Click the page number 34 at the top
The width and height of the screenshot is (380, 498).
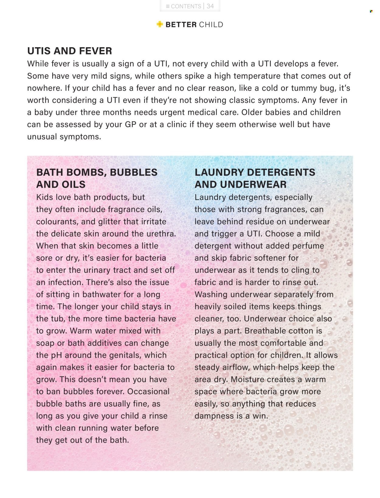point(210,6)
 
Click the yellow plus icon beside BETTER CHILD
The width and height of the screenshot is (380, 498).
point(160,24)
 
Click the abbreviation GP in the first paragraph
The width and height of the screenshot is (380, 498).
point(131,124)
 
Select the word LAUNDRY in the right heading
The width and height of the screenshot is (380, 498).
point(220,172)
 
